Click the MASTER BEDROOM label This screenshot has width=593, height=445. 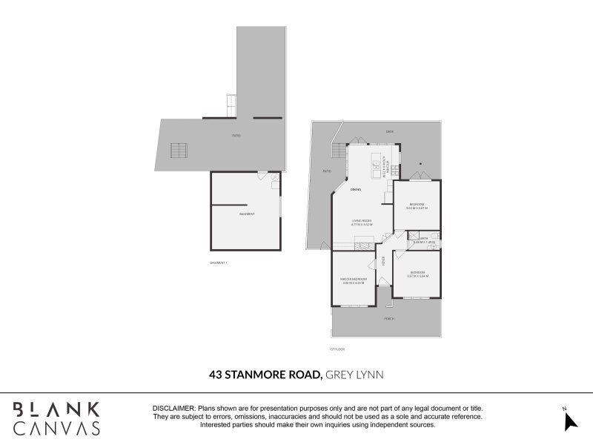click(x=354, y=280)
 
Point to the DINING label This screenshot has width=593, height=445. click(x=356, y=191)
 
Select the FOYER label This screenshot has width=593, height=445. click(x=383, y=260)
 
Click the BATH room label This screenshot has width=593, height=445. click(x=424, y=238)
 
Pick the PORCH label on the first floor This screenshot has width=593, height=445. click(x=388, y=318)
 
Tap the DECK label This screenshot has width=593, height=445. click(x=389, y=131)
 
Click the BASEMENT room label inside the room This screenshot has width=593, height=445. click(x=247, y=214)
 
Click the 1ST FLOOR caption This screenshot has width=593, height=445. click(x=338, y=349)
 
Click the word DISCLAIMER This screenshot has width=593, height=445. click(x=174, y=409)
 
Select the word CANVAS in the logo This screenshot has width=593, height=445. click(x=56, y=428)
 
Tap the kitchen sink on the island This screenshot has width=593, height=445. click(x=377, y=167)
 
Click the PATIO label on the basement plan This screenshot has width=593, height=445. click(x=236, y=135)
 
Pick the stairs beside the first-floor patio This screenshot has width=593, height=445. click(x=339, y=153)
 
